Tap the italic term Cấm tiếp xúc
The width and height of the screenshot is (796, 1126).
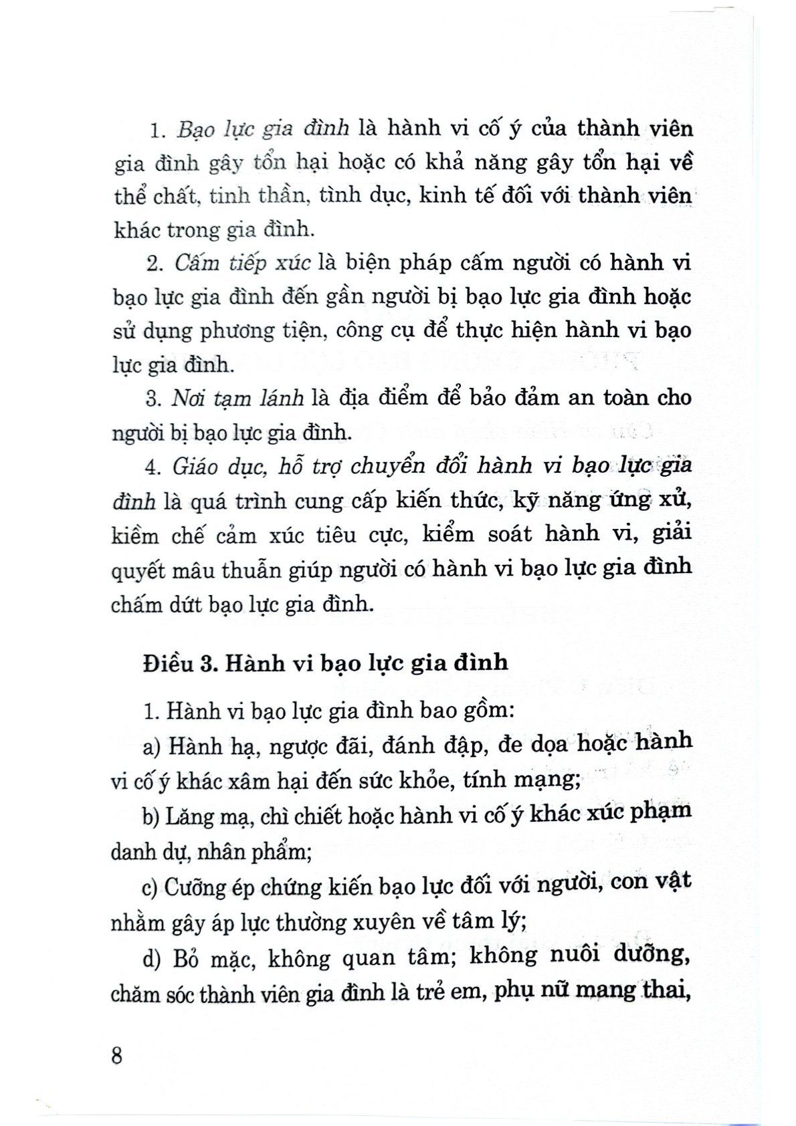(x=242, y=263)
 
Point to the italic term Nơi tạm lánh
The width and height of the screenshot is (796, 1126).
(x=238, y=398)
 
